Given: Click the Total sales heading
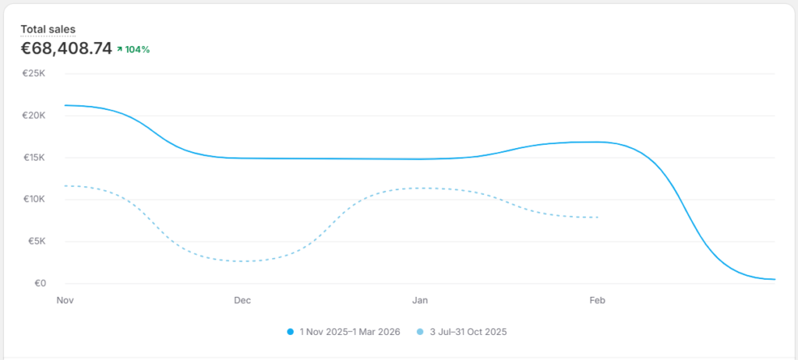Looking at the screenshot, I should click(48, 30).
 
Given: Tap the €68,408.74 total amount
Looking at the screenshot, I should click(66, 49).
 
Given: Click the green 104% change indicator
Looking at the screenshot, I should click(133, 50).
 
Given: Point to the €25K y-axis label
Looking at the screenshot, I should click(35, 73).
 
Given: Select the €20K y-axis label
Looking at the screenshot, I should click(35, 115).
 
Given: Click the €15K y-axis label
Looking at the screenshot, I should click(35, 157).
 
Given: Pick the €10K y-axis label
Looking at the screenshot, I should click(35, 199).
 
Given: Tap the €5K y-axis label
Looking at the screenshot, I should click(37, 242).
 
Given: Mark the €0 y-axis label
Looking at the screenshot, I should click(40, 284).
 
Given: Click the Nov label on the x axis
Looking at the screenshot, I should click(65, 300).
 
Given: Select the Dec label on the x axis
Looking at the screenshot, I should click(242, 300).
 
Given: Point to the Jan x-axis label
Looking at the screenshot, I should click(420, 300).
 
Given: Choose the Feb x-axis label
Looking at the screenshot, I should click(598, 300).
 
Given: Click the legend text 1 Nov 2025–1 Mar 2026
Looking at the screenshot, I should click(349, 332).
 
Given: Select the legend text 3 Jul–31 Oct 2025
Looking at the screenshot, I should click(468, 332).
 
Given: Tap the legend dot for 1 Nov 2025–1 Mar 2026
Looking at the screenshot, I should click(291, 332).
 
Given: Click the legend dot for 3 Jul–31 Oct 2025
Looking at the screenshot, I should click(421, 332).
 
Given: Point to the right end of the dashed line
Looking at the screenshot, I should click(598, 217).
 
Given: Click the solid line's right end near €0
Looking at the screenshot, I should click(774, 279).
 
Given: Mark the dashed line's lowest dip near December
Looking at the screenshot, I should click(245, 261).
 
